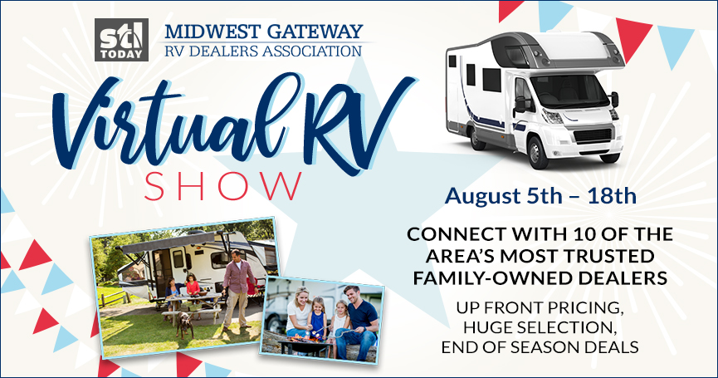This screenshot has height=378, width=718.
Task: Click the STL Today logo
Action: coord(121,40)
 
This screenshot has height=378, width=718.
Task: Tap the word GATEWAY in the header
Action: coord(315,32)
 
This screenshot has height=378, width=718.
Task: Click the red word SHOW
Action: coord(223,186)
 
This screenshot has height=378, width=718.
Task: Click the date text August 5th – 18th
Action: coord(540,195)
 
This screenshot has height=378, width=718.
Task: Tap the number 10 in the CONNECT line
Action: coord(575,234)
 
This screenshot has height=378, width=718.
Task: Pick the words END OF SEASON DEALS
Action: coord(540,346)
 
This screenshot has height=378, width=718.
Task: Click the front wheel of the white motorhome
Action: coord(538,152)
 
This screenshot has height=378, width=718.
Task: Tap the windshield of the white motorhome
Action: coord(569,91)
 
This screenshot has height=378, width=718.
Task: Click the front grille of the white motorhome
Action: coord(593,135)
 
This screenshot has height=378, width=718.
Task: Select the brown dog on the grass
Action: coord(185,323)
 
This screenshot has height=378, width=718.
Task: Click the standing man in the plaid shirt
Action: coord(237,290)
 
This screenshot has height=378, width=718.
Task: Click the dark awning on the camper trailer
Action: coord(166,244)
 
